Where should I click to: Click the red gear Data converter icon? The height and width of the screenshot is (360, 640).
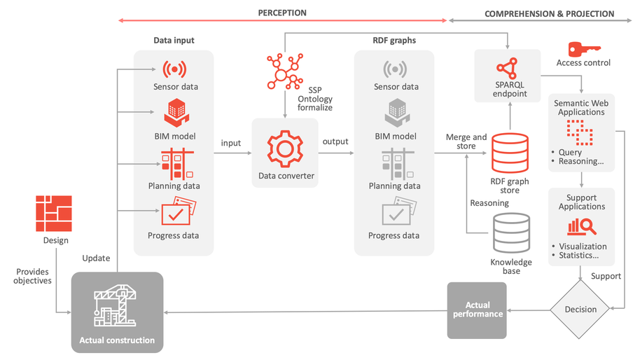(x=284, y=148)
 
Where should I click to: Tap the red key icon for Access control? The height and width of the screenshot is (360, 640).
(x=583, y=49)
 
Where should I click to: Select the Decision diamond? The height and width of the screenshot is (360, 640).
(x=580, y=309)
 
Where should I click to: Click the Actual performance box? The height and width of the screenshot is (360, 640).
(x=477, y=310)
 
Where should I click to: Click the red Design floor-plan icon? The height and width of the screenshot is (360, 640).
(x=54, y=214)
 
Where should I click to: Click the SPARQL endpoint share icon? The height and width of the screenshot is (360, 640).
(x=508, y=68)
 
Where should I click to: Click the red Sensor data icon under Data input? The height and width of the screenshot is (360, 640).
(x=175, y=69)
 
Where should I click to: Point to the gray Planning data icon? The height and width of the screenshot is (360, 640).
(x=396, y=162)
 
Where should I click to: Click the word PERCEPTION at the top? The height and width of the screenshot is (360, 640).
(x=282, y=13)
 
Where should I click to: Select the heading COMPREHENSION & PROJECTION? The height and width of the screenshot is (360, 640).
(x=549, y=14)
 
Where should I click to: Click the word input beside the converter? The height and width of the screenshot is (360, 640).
(x=230, y=143)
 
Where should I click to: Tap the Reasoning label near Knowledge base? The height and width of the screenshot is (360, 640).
(x=489, y=203)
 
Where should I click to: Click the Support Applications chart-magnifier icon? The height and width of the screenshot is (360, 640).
(x=581, y=226)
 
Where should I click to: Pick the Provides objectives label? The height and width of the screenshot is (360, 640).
(x=34, y=275)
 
